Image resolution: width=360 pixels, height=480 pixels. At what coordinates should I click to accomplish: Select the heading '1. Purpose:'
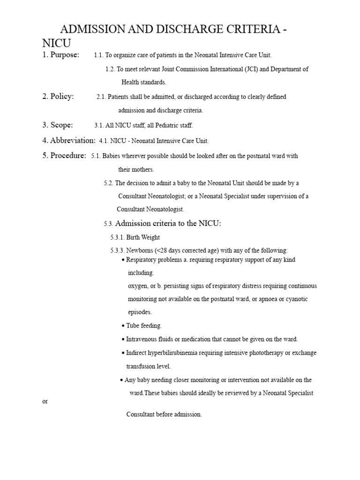(x=61, y=55)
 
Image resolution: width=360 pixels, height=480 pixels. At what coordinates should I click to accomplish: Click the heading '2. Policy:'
(x=58, y=97)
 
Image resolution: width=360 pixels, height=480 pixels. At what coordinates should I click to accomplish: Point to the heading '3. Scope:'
(x=58, y=125)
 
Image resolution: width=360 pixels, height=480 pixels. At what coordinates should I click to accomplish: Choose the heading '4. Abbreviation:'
(x=69, y=141)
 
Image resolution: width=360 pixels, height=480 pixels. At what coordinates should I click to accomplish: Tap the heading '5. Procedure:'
(x=64, y=156)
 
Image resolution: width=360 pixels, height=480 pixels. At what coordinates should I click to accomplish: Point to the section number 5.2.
(x=108, y=183)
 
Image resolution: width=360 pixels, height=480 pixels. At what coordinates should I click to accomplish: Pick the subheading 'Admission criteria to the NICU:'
(x=168, y=224)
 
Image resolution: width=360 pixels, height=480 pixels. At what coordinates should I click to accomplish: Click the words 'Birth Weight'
(x=143, y=238)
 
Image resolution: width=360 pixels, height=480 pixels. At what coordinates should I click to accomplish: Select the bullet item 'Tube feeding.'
(x=144, y=326)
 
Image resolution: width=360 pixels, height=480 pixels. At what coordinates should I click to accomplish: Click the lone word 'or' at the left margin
(x=45, y=402)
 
